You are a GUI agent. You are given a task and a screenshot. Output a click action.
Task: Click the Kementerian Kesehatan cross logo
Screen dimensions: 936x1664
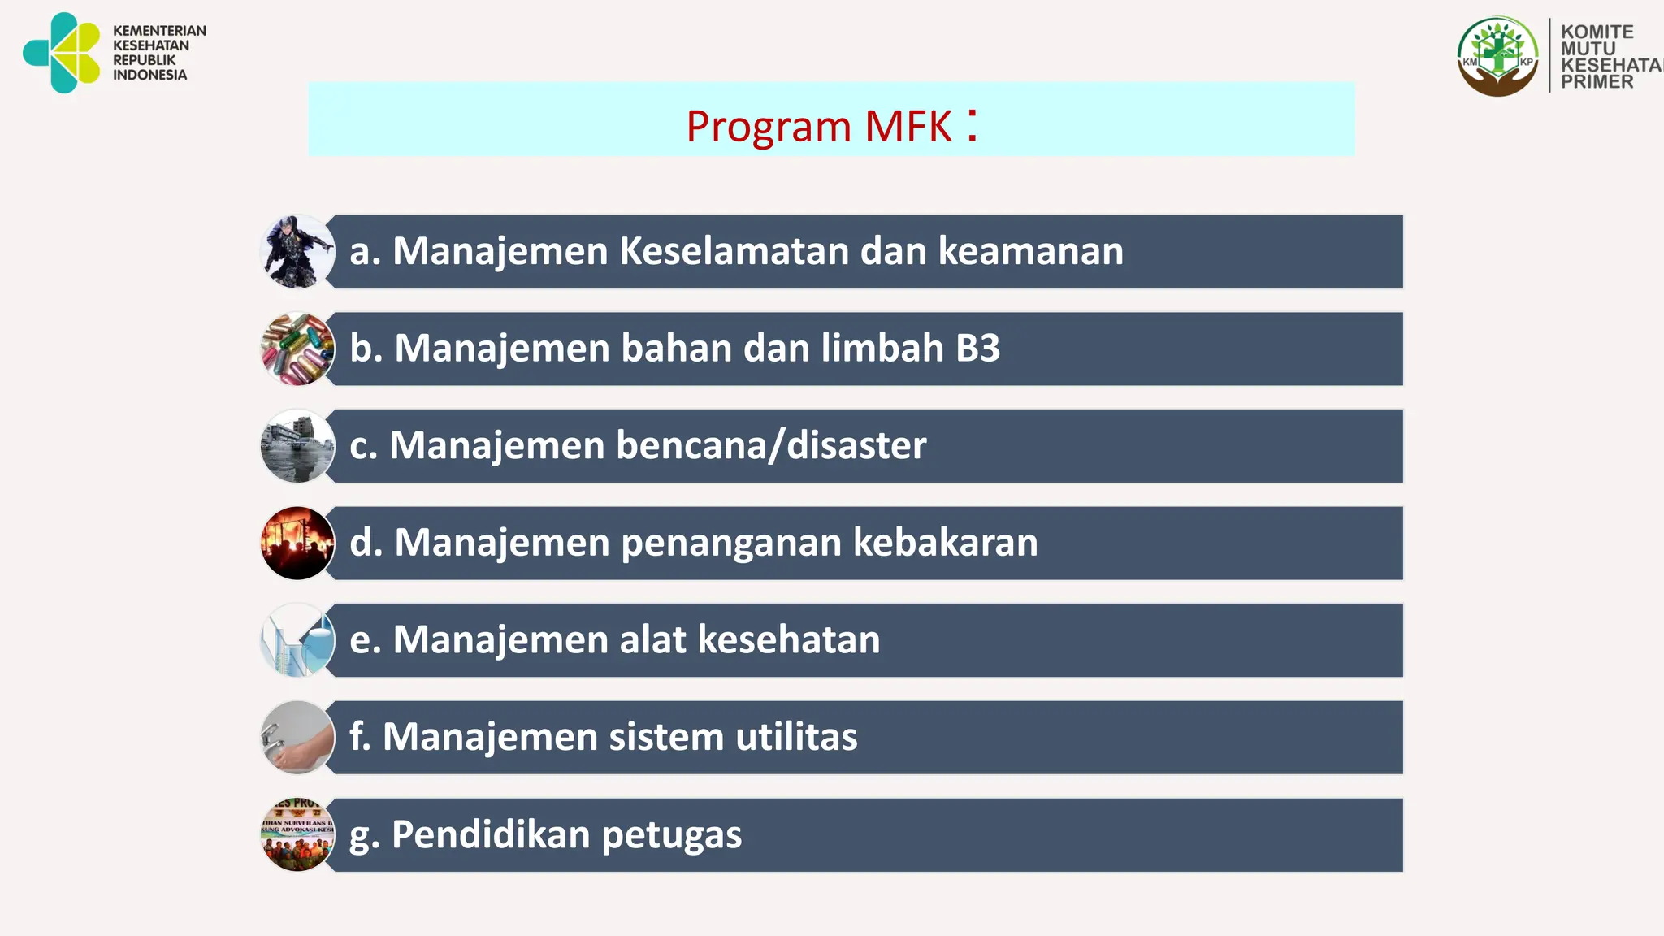pyautogui.click(x=62, y=53)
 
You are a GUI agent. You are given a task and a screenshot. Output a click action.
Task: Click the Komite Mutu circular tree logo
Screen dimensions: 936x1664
pyautogui.click(x=1497, y=56)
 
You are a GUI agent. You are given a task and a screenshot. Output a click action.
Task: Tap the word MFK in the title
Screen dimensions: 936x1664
pyautogui.click(x=908, y=127)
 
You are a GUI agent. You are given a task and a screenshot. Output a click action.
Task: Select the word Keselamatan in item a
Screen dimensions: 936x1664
pyautogui.click(x=734, y=251)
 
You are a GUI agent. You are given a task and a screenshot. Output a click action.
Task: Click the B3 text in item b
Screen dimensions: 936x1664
pyautogui.click(x=977, y=349)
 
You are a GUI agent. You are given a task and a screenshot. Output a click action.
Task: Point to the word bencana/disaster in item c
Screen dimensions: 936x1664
pyautogui.click(x=771, y=445)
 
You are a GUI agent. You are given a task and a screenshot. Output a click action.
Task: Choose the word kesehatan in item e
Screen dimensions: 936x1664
pyautogui.click(x=789, y=639)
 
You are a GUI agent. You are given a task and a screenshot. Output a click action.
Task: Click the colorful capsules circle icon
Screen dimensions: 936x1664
pyautogui.click(x=297, y=349)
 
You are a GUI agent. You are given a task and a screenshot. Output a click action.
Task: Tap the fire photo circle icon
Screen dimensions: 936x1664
pyautogui.click(x=297, y=543)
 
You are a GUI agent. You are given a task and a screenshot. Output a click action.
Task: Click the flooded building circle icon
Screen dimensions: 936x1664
pyautogui.click(x=297, y=446)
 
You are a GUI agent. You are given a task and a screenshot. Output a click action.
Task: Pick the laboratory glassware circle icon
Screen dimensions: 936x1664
pyautogui.click(x=297, y=640)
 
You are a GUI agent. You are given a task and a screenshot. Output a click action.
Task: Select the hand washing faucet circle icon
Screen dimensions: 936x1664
pyautogui.click(x=297, y=737)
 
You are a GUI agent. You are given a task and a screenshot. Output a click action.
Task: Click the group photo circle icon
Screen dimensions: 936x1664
pyautogui.click(x=297, y=834)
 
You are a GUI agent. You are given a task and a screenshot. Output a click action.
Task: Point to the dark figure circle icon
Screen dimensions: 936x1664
pyautogui.click(x=297, y=252)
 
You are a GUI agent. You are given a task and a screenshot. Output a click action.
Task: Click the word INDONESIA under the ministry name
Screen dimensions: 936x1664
pyautogui.click(x=149, y=75)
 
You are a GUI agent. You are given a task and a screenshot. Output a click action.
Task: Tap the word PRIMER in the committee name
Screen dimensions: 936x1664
pyautogui.click(x=1597, y=82)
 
